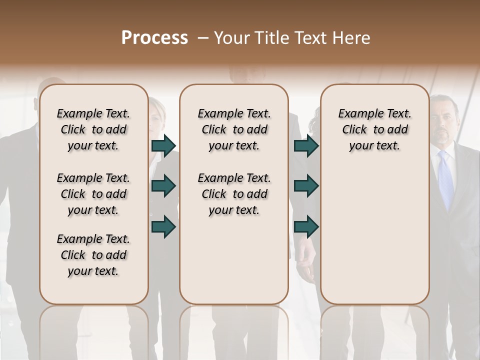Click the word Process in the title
[154, 38]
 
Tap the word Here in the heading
[349, 38]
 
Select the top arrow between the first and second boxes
[163, 145]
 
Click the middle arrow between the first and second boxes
[163, 186]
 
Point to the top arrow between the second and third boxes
[306, 145]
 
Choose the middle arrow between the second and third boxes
[306, 186]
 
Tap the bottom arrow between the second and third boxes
[306, 226]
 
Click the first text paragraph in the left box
[93, 129]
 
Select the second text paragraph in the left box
[93, 194]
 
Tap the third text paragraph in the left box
[93, 255]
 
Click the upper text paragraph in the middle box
[234, 129]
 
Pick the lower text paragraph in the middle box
[234, 194]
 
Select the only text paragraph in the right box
[374, 129]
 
